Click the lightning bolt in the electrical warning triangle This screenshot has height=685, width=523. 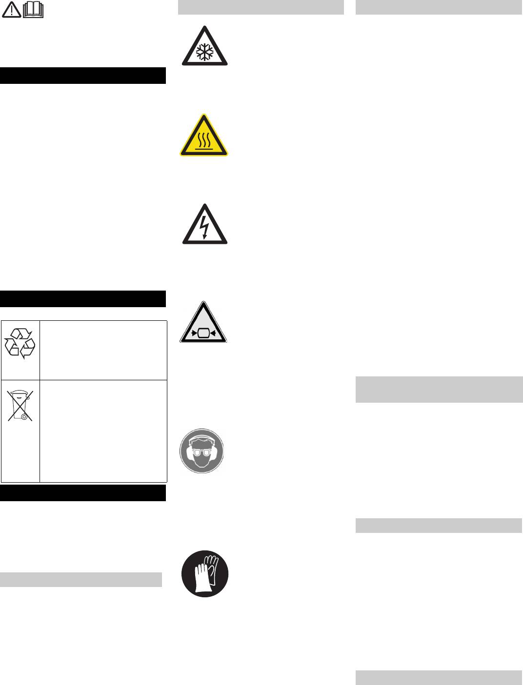pyautogui.click(x=204, y=227)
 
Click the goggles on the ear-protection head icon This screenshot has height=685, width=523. pyautogui.click(x=202, y=452)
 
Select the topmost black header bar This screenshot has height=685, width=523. pyautogui.click(x=83, y=76)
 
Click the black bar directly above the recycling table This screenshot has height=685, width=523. pyautogui.click(x=83, y=299)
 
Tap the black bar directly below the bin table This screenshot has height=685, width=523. pyautogui.click(x=83, y=493)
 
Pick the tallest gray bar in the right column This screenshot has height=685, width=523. pyautogui.click(x=439, y=389)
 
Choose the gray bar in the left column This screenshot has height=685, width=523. pyautogui.click(x=81, y=580)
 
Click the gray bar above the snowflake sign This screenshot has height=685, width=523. pyautogui.click(x=261, y=7)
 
